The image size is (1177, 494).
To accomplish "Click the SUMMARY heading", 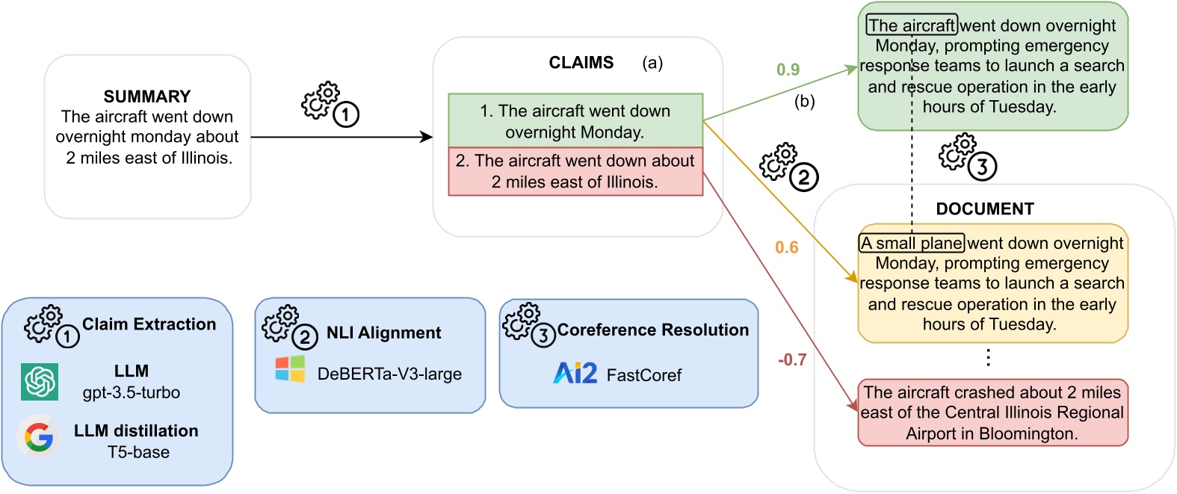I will click(147, 96).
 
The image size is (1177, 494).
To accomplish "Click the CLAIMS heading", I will click(581, 63).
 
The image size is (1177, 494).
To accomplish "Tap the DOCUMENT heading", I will click(984, 209).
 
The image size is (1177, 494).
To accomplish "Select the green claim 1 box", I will click(575, 121).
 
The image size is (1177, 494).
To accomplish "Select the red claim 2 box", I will click(575, 172).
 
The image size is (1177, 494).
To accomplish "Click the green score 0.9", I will click(788, 70).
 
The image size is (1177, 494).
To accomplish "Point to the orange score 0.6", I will click(786, 247).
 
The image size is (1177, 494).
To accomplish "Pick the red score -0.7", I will click(792, 360).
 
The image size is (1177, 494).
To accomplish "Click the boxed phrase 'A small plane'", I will click(912, 244).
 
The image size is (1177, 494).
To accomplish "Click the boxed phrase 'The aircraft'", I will click(912, 25).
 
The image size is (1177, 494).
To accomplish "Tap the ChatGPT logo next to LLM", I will click(40, 382).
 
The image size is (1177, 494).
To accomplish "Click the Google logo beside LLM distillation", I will click(39, 437).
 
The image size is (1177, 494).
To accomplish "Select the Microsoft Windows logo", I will click(290, 369).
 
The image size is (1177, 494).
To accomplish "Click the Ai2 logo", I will click(575, 373).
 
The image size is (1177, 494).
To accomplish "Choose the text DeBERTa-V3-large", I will click(389, 374).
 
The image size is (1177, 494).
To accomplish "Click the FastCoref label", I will click(643, 375).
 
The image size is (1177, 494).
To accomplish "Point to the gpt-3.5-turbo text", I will click(132, 392).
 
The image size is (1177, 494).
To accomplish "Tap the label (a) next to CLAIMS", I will click(652, 64).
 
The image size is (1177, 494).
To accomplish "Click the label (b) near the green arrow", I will click(804, 102).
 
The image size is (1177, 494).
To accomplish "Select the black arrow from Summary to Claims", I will click(342, 138).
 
